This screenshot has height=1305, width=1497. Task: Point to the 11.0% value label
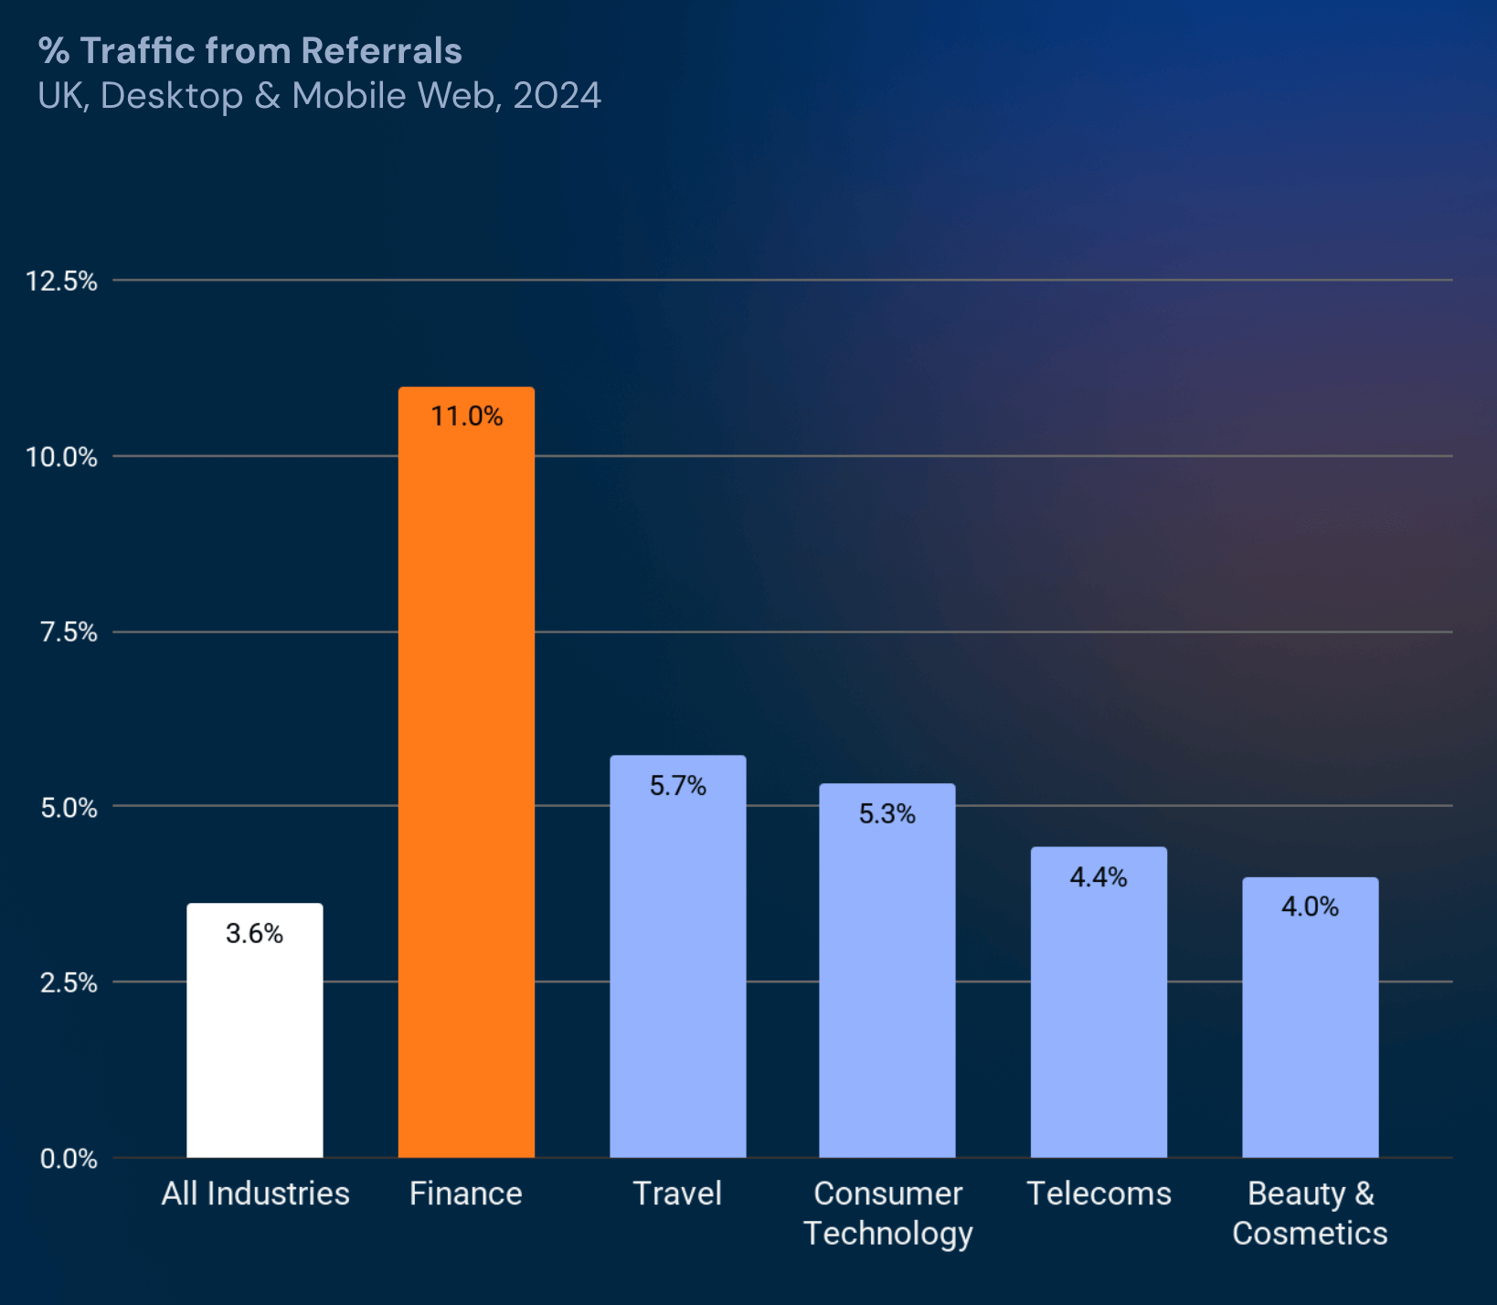466,417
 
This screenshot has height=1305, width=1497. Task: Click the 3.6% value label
254,934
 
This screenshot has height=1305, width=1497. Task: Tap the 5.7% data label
677,786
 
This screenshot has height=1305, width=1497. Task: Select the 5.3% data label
887,814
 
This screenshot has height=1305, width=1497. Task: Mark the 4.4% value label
1099,877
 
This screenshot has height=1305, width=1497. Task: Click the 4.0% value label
1310,907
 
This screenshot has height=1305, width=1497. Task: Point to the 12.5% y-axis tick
61,281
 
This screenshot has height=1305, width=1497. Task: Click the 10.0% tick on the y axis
61,457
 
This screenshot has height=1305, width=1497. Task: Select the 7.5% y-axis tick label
69,631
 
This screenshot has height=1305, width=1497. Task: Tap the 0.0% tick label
69,1159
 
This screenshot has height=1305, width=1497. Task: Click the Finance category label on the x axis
465,1194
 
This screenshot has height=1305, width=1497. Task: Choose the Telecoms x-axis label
1099,1194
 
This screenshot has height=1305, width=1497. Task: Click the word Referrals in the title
381,51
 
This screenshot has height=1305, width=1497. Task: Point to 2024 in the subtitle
557,96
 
